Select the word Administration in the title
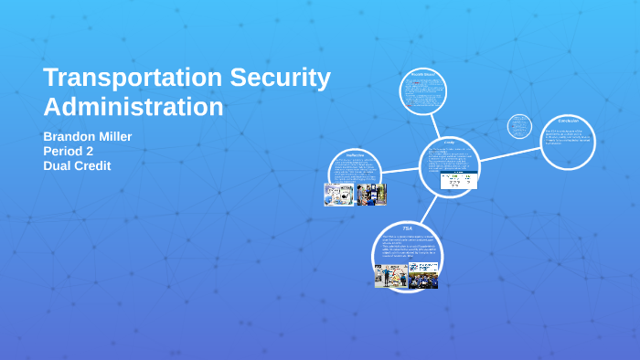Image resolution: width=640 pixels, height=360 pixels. coord(133,107)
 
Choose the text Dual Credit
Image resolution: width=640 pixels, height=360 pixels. coord(77,166)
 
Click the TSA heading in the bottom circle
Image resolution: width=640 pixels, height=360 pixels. coord(408,227)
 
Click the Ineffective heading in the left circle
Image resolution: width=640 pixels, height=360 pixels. coord(356,155)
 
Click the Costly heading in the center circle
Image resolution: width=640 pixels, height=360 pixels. coord(449,143)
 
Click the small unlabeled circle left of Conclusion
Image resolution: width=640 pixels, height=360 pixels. coord(519,126)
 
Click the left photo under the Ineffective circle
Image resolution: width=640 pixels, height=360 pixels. coord(339,195)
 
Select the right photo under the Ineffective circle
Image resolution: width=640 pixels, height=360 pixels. coord(372,195)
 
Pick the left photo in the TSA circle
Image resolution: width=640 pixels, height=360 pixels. coord(390,275)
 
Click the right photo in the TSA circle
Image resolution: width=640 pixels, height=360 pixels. coord(423,274)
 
